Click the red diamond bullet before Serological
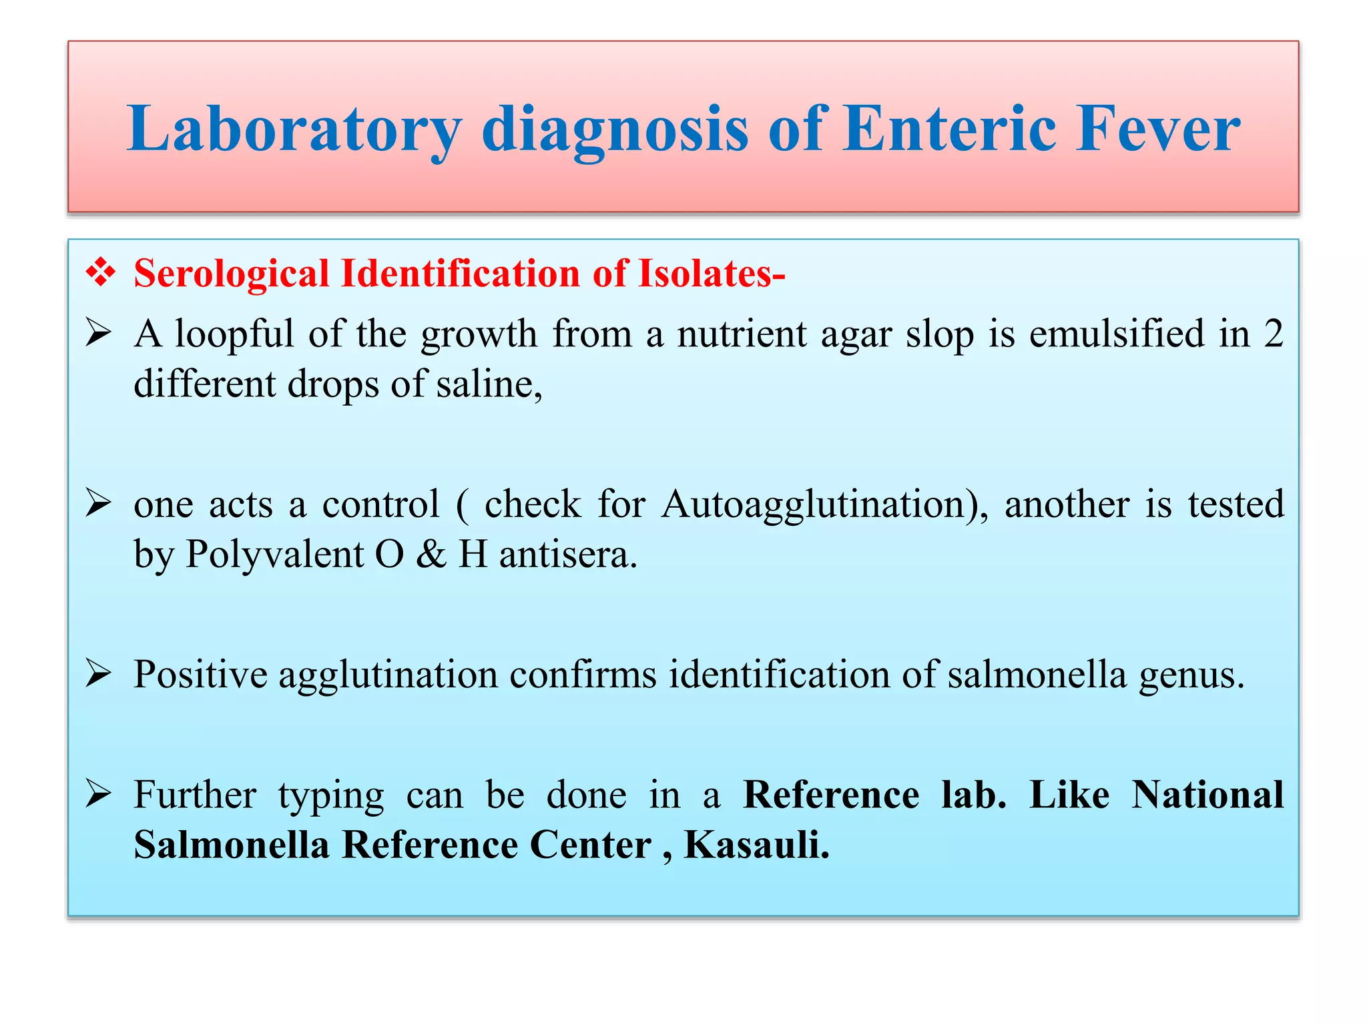pyautogui.click(x=100, y=274)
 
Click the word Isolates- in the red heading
pyautogui.click(x=712, y=274)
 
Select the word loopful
pyautogui.click(x=234, y=334)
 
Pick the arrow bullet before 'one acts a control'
pyautogui.click(x=98, y=503)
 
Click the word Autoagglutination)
pyautogui.click(x=825, y=504)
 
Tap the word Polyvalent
pyautogui.click(x=274, y=555)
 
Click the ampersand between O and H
pyautogui.click(x=431, y=555)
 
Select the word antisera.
pyautogui.click(x=568, y=555)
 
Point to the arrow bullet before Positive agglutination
pyautogui.click(x=98, y=674)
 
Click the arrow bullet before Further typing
pyautogui.click(x=98, y=794)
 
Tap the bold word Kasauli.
pyautogui.click(x=757, y=845)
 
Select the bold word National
pyautogui.click(x=1207, y=794)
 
